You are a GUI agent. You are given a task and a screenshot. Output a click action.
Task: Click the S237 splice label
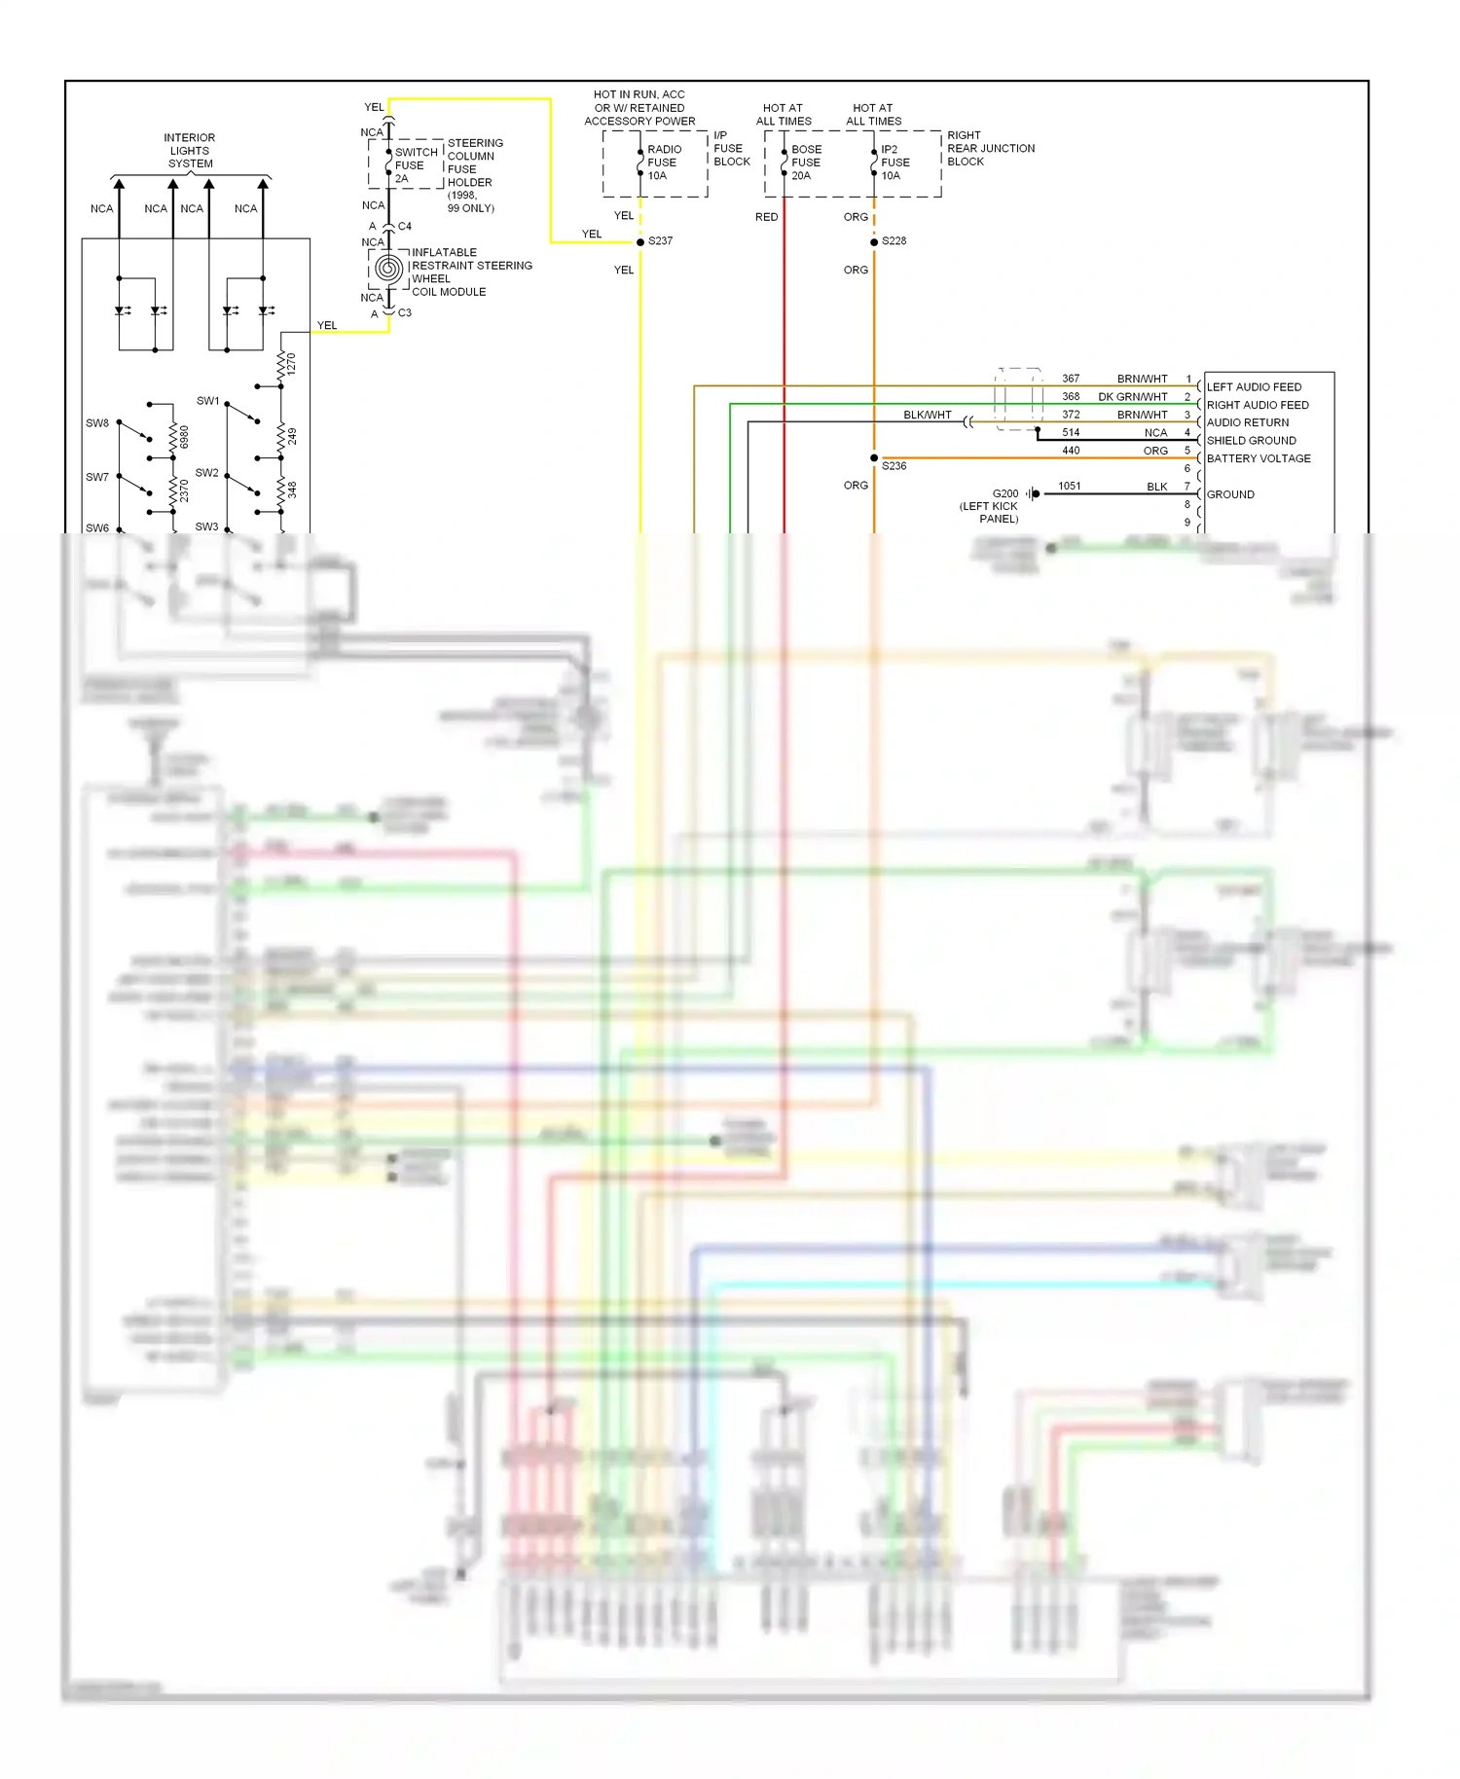pos(660,241)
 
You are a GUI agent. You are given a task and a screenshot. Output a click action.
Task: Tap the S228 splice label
pos(894,241)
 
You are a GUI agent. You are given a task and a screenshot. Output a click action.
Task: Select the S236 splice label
pos(894,466)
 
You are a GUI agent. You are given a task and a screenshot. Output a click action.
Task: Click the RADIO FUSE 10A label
pos(664,163)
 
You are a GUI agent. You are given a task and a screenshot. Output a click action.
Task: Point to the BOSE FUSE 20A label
pos(806,163)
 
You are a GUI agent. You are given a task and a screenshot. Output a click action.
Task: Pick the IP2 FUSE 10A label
pos(895,163)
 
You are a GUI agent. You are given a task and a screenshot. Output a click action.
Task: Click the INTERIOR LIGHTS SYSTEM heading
pos(190,151)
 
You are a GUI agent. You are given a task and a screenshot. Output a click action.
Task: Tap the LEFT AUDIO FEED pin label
pos(1254,387)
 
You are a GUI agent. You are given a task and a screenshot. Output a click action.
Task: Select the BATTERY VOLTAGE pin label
pos(1259,458)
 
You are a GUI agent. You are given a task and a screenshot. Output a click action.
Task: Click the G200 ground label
pos(1005,493)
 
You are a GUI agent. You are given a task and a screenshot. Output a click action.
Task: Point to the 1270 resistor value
pos(291,365)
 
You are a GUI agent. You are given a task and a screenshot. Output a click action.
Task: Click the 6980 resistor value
pos(184,437)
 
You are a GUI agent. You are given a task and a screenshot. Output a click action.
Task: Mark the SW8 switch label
pos(97,423)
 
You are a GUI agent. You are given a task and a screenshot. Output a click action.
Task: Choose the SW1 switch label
pos(207,401)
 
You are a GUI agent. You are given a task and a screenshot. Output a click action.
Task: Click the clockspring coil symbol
pos(388,270)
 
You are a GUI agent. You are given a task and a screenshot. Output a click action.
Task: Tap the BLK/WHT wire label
pos(927,415)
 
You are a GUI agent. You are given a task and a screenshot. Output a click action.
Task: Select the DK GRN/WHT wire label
pos(1132,397)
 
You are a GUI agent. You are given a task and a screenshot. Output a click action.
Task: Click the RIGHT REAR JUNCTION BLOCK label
pos(990,149)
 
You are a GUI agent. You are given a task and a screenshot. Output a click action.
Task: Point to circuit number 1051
pos(1070,487)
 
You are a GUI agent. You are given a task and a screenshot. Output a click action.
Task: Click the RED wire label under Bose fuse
pos(766,217)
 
